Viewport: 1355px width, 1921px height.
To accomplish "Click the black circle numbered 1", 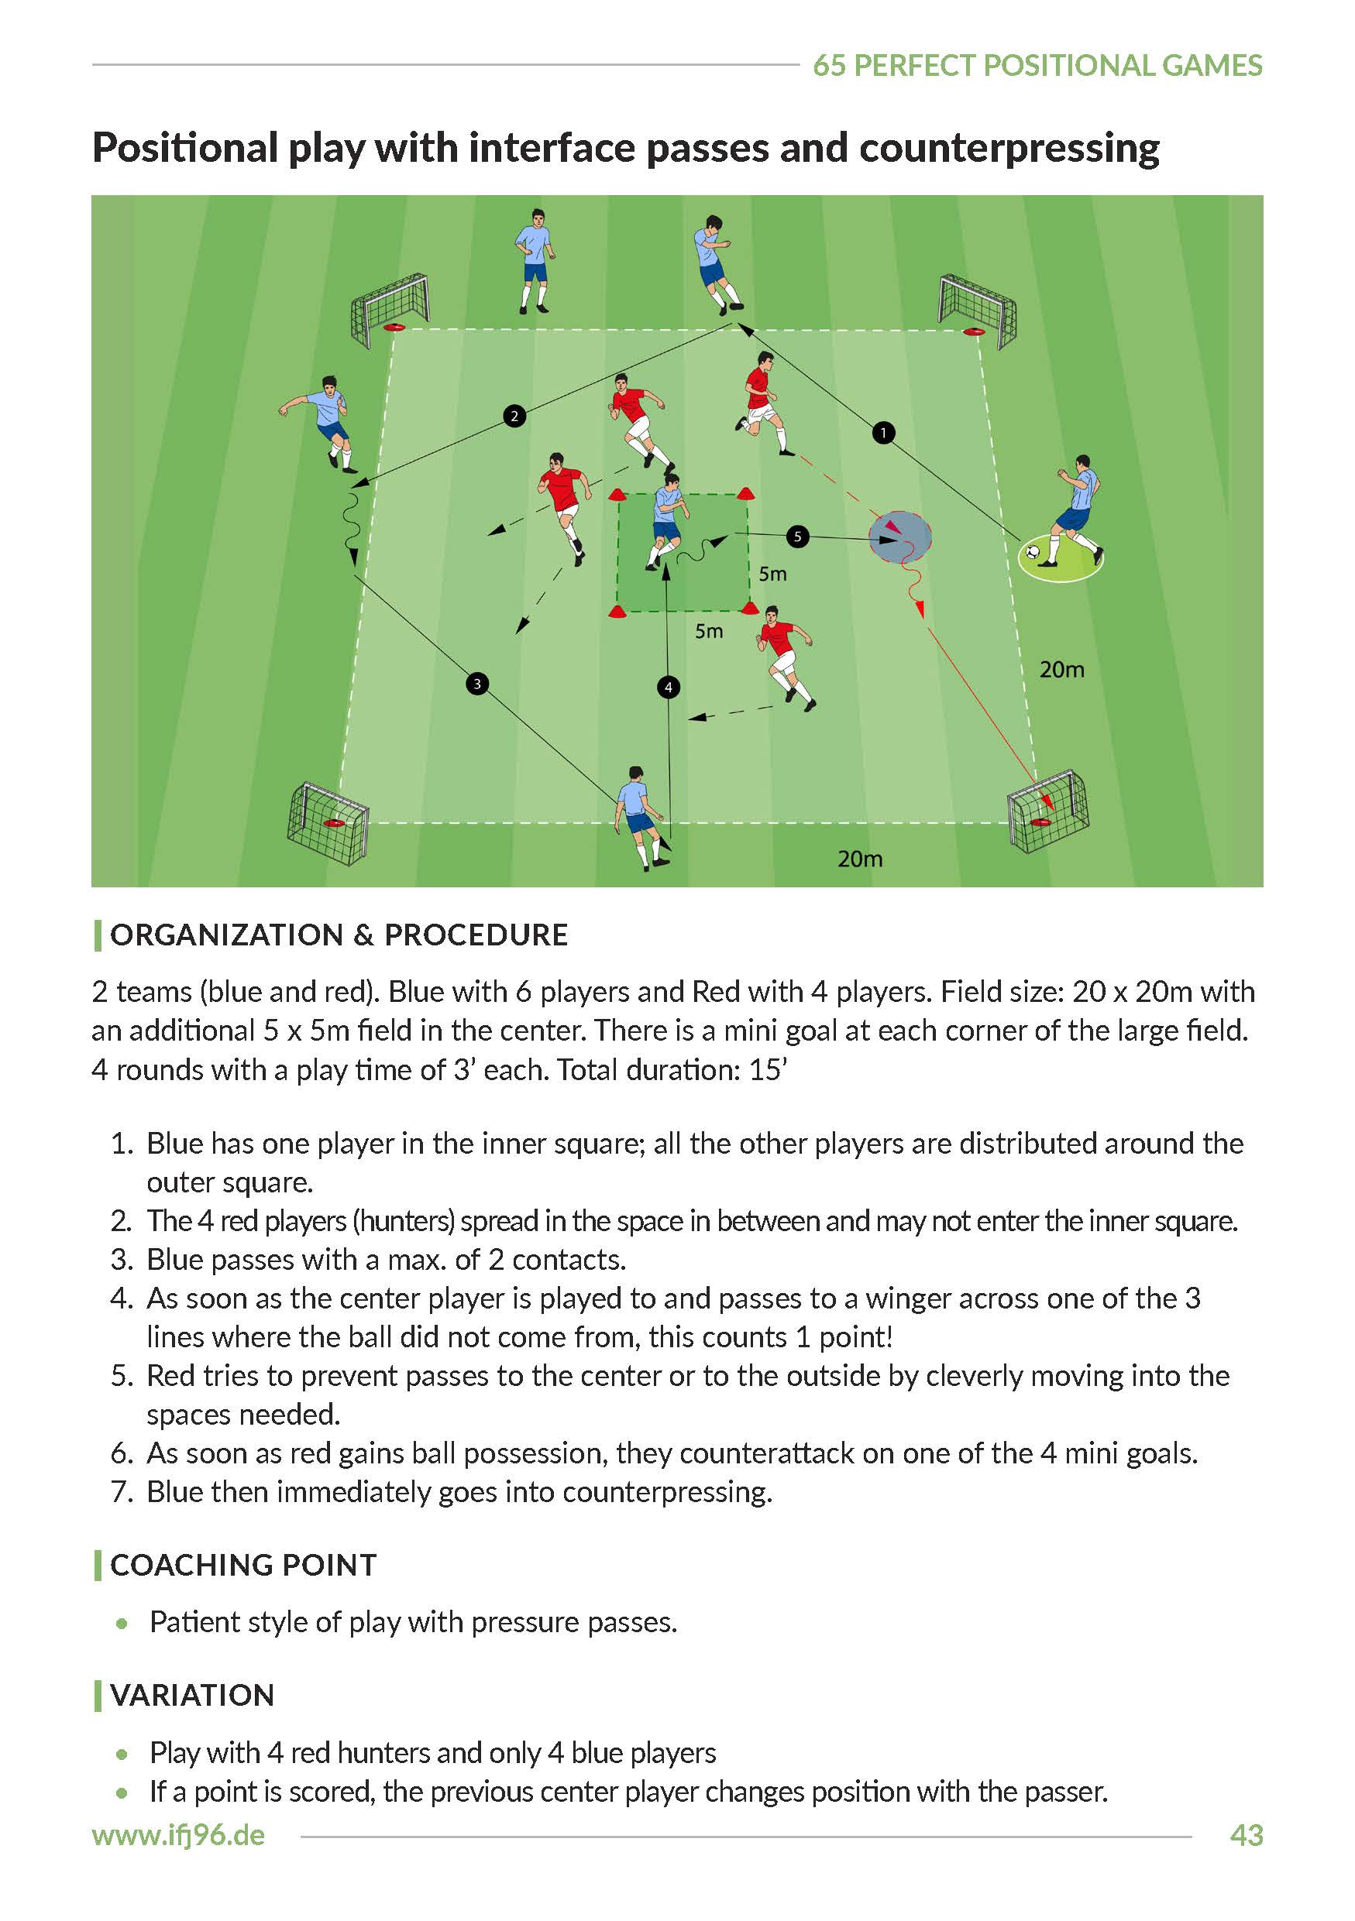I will (883, 433).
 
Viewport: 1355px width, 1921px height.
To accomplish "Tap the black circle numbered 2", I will (514, 415).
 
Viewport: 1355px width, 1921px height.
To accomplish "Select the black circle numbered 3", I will (477, 684).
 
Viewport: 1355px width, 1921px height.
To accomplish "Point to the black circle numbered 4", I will (668, 687).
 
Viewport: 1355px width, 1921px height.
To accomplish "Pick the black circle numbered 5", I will (796, 537).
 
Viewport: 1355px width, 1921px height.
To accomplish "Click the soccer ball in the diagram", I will (1033, 552).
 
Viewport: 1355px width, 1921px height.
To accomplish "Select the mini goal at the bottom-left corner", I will (328, 822).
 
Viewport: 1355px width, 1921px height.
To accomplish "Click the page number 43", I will (1245, 1835).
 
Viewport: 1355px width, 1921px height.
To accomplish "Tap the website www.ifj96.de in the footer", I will (178, 1835).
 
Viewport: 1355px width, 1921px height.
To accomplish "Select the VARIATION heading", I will (192, 1695).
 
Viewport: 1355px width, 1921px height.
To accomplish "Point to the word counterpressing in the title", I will (1009, 148).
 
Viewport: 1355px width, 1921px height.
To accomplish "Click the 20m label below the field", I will (859, 859).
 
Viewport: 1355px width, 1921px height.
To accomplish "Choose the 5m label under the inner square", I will (708, 631).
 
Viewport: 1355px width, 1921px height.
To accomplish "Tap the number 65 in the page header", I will (830, 65).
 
